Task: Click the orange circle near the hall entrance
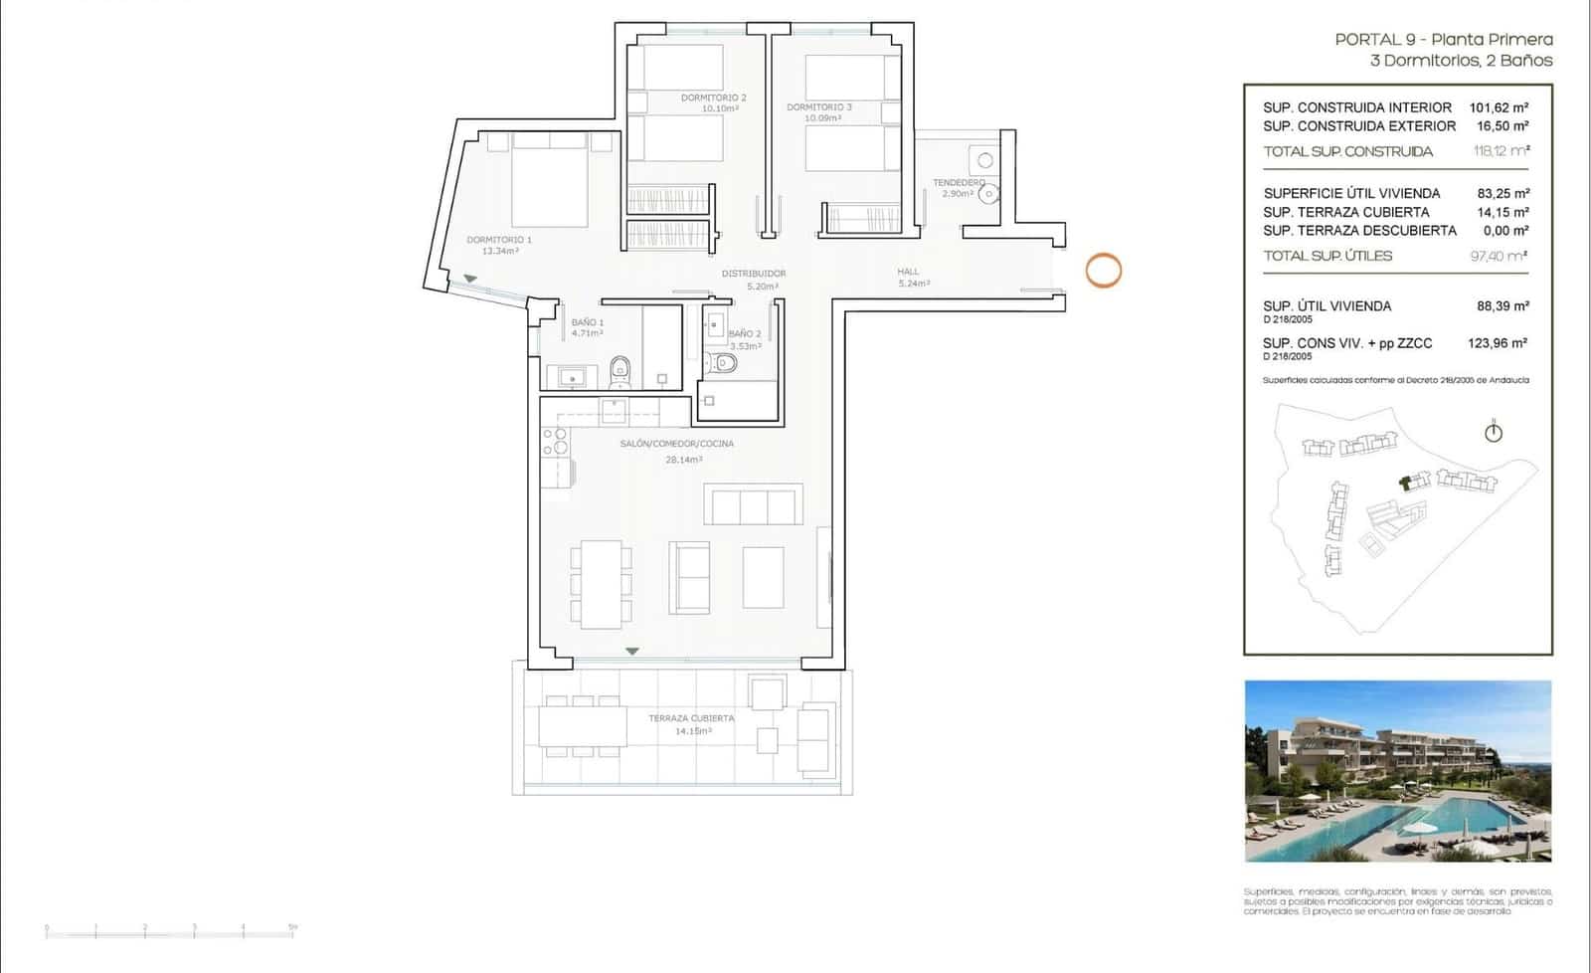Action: [1103, 270]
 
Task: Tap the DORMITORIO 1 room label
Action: [499, 240]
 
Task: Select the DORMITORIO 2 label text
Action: [713, 97]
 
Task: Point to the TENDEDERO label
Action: [959, 183]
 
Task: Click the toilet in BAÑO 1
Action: [619, 371]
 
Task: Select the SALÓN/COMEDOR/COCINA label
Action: [676, 444]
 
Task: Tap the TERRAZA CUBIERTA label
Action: [691, 718]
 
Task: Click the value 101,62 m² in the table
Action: [1499, 107]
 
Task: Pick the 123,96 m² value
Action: [1497, 343]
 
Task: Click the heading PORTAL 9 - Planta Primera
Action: [1443, 40]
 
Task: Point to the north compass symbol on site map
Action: [1493, 432]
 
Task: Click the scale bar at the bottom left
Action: [170, 932]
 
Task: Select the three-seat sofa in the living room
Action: [753, 504]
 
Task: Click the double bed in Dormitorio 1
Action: [550, 181]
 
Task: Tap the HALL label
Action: [908, 272]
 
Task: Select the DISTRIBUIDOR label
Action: [754, 274]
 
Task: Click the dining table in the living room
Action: [601, 584]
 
